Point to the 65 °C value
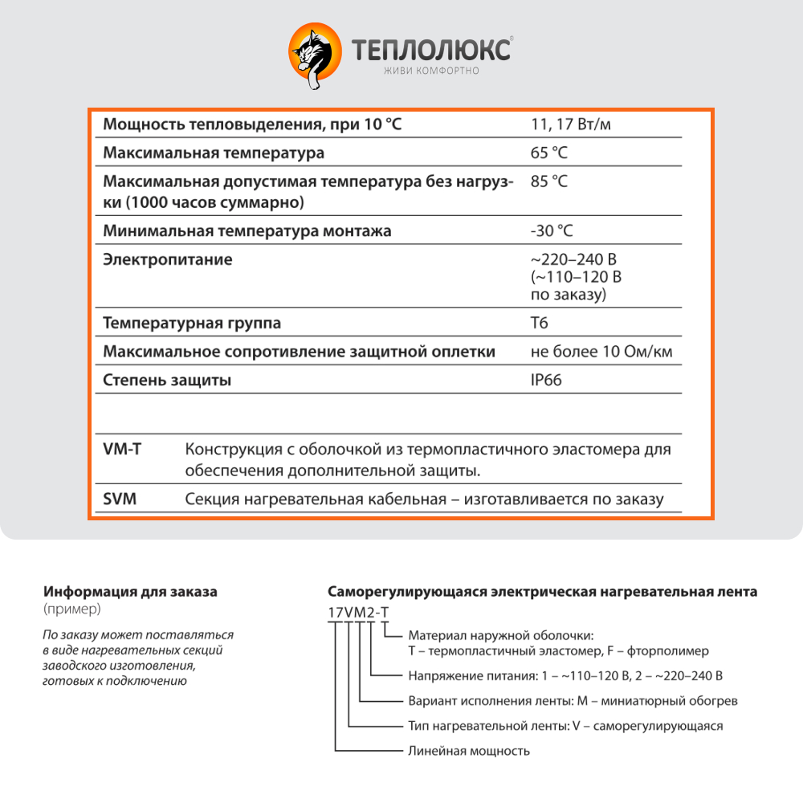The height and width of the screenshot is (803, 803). (549, 153)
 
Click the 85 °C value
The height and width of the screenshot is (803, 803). (549, 181)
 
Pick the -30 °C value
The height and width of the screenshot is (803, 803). (552, 231)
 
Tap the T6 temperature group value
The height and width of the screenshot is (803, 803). (540, 323)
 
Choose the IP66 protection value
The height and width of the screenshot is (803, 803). (546, 380)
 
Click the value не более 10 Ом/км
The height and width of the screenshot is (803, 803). (601, 352)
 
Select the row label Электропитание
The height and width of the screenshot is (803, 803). (168, 259)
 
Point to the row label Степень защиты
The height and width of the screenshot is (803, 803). (167, 380)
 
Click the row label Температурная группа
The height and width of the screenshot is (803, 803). (192, 323)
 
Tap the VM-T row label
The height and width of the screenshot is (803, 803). (123, 449)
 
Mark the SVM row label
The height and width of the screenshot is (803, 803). (120, 499)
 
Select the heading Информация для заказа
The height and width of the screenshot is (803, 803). (130, 592)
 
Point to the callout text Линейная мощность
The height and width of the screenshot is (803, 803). (469, 751)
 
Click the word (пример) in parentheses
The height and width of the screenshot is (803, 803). (73, 609)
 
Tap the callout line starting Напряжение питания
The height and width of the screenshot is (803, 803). (565, 675)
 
